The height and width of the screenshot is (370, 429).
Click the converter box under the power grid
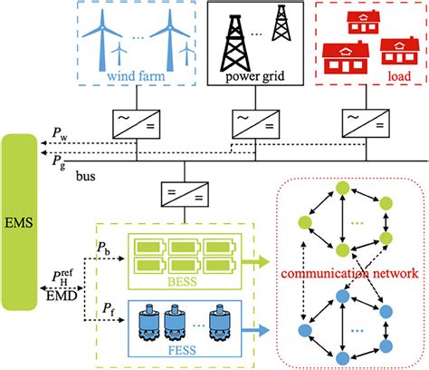245,121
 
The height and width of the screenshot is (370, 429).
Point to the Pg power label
56,157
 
